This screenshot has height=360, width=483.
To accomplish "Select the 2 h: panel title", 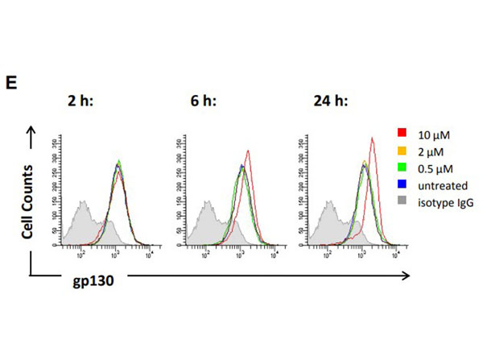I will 83,101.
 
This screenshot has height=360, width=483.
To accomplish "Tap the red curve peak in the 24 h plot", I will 372,139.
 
